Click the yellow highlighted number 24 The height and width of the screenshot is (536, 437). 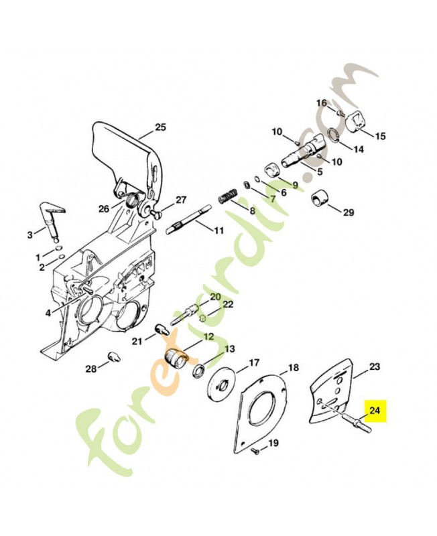point(374,409)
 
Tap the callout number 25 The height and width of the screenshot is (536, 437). point(160,127)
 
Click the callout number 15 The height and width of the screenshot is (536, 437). point(379,136)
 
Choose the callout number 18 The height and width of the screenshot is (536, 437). point(293,368)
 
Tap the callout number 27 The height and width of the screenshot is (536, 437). point(180,200)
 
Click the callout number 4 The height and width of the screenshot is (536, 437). point(48,313)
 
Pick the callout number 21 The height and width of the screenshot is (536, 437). point(137,341)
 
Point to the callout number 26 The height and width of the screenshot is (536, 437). point(103,208)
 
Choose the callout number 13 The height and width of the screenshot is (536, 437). point(229,349)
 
